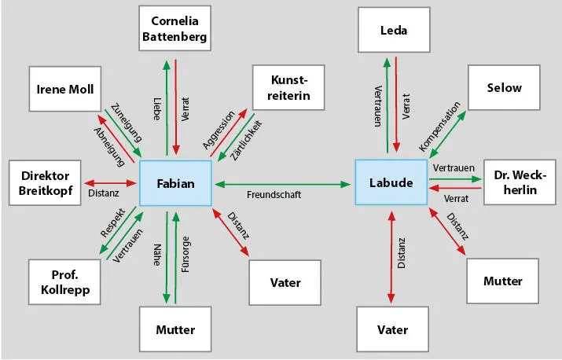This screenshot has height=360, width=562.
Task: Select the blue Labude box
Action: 391,183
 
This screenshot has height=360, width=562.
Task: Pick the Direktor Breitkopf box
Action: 46,183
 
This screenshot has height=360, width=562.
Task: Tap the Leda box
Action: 393,31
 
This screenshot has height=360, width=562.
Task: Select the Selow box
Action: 504,88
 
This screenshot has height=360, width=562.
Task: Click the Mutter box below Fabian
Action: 176,329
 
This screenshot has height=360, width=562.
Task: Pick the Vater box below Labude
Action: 393,329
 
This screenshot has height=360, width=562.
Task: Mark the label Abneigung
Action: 109,146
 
